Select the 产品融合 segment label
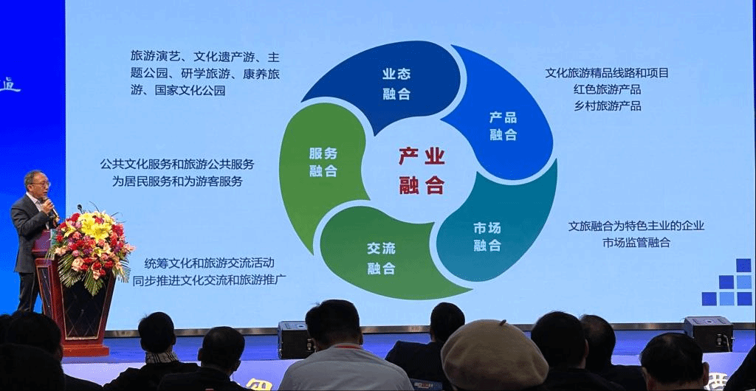(x=503, y=125)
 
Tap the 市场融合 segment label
(x=487, y=237)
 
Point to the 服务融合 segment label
(x=323, y=162)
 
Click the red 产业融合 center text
(x=422, y=171)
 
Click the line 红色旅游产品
(x=607, y=89)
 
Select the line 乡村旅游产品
(x=607, y=106)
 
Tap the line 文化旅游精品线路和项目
(x=607, y=73)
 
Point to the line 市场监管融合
(x=636, y=243)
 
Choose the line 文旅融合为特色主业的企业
(x=636, y=226)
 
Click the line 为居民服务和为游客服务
(x=177, y=181)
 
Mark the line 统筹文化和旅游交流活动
(x=209, y=263)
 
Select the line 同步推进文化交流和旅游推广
(x=209, y=280)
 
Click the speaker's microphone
(x=49, y=206)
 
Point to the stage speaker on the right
(x=708, y=333)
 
